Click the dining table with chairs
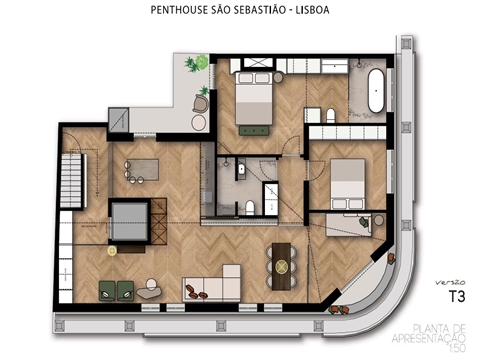281,266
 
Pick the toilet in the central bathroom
250,207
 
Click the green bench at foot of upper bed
253,127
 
